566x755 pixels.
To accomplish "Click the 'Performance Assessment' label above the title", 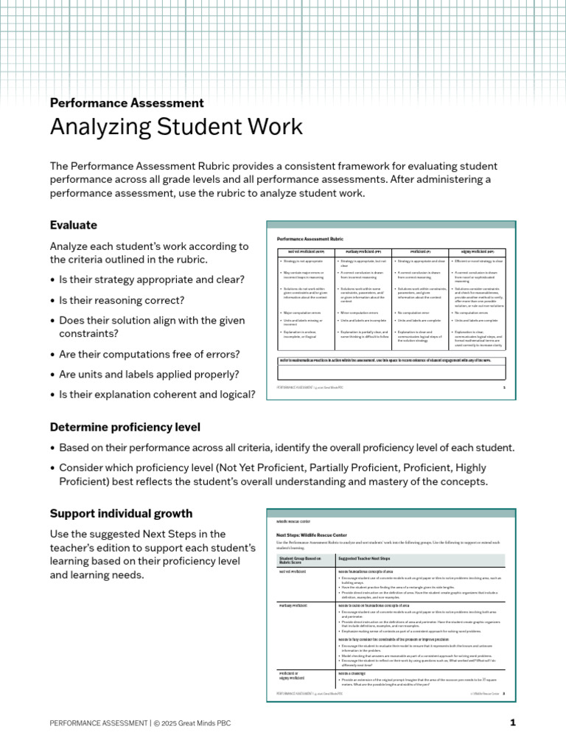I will point(126,103).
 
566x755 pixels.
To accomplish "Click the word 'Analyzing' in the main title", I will point(103,127).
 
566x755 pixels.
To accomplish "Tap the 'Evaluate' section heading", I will point(73,225).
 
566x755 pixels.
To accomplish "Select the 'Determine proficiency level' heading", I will point(125,427).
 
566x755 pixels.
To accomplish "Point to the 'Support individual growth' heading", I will point(121,513).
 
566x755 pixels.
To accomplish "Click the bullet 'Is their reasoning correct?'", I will point(122,301).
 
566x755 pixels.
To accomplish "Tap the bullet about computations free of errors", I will point(144,354).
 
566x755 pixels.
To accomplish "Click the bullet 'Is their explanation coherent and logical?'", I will point(157,394).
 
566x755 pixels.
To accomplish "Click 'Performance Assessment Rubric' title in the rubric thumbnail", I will point(310,239).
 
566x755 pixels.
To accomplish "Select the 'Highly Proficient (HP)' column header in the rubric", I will point(477,251).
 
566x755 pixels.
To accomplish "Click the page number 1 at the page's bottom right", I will point(513,723).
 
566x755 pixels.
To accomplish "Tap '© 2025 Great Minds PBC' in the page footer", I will point(192,723).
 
